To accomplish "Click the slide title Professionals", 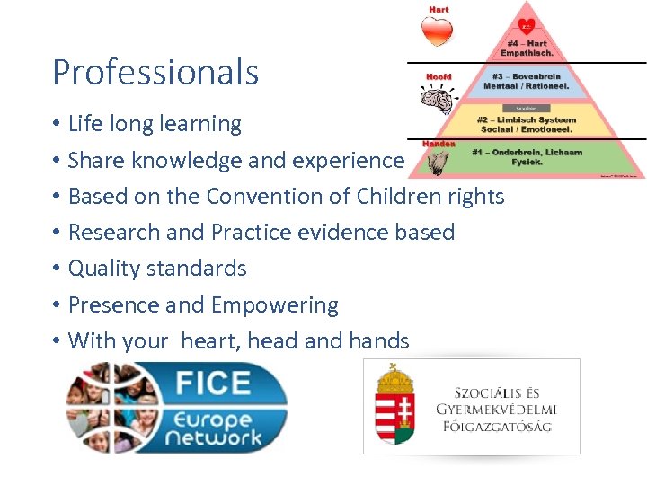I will pos(155,72).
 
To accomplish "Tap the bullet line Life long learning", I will pos(155,124).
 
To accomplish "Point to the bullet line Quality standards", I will pos(157,268).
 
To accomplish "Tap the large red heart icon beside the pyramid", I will pos(438,31).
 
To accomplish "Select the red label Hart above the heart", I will pos(439,10).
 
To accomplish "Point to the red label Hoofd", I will pos(438,76).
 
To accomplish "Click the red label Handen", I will pos(439,144).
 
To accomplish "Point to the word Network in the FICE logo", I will pos(219,437).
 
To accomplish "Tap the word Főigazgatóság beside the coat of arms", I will pos(497,426).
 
